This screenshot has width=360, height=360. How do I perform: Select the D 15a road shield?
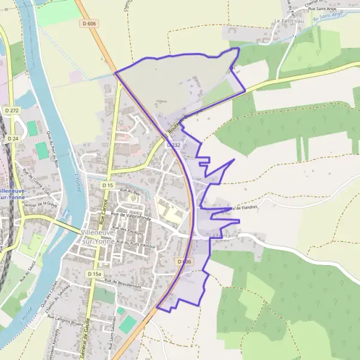[x=94, y=274]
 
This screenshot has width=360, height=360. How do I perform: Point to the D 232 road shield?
[x=173, y=145]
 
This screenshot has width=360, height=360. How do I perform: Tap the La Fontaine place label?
[x=226, y=236]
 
